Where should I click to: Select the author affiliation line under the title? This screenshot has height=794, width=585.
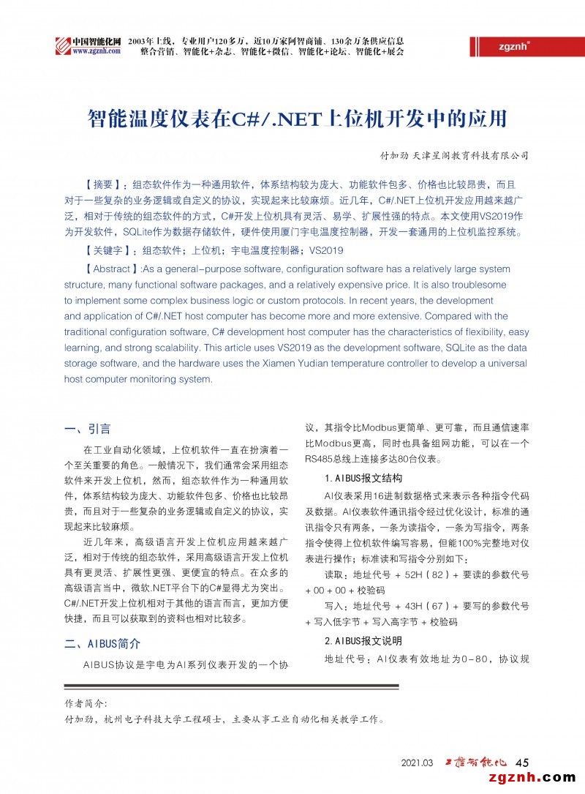coord(454,156)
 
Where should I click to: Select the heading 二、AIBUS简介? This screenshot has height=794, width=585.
coord(102,644)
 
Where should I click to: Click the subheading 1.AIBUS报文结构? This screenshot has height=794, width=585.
coord(363,478)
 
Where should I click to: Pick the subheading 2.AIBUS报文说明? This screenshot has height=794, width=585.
coord(363,641)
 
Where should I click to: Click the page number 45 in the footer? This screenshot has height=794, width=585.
coord(522,763)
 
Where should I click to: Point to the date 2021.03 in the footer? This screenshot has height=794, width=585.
coord(418,763)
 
